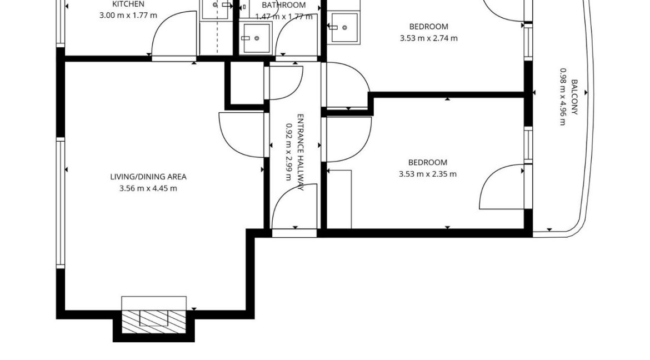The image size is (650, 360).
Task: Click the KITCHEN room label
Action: pyautogui.click(x=128, y=4)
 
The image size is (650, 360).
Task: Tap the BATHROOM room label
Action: pyautogui.click(x=284, y=5)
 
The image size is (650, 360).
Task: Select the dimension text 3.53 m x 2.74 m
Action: pyautogui.click(x=428, y=38)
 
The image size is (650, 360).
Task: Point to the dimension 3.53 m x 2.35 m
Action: pyautogui.click(x=428, y=174)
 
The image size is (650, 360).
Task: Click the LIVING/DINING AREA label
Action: pyautogui.click(x=148, y=177)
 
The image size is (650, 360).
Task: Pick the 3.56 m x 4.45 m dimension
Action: pyautogui.click(x=148, y=188)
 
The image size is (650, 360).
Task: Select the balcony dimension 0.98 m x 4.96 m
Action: pyautogui.click(x=562, y=97)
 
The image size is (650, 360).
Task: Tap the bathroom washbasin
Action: pyautogui.click(x=256, y=39)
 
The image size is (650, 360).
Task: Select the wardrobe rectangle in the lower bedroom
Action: pyautogui.click(x=339, y=199)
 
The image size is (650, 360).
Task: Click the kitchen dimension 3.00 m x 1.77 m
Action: pyautogui.click(x=128, y=16)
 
